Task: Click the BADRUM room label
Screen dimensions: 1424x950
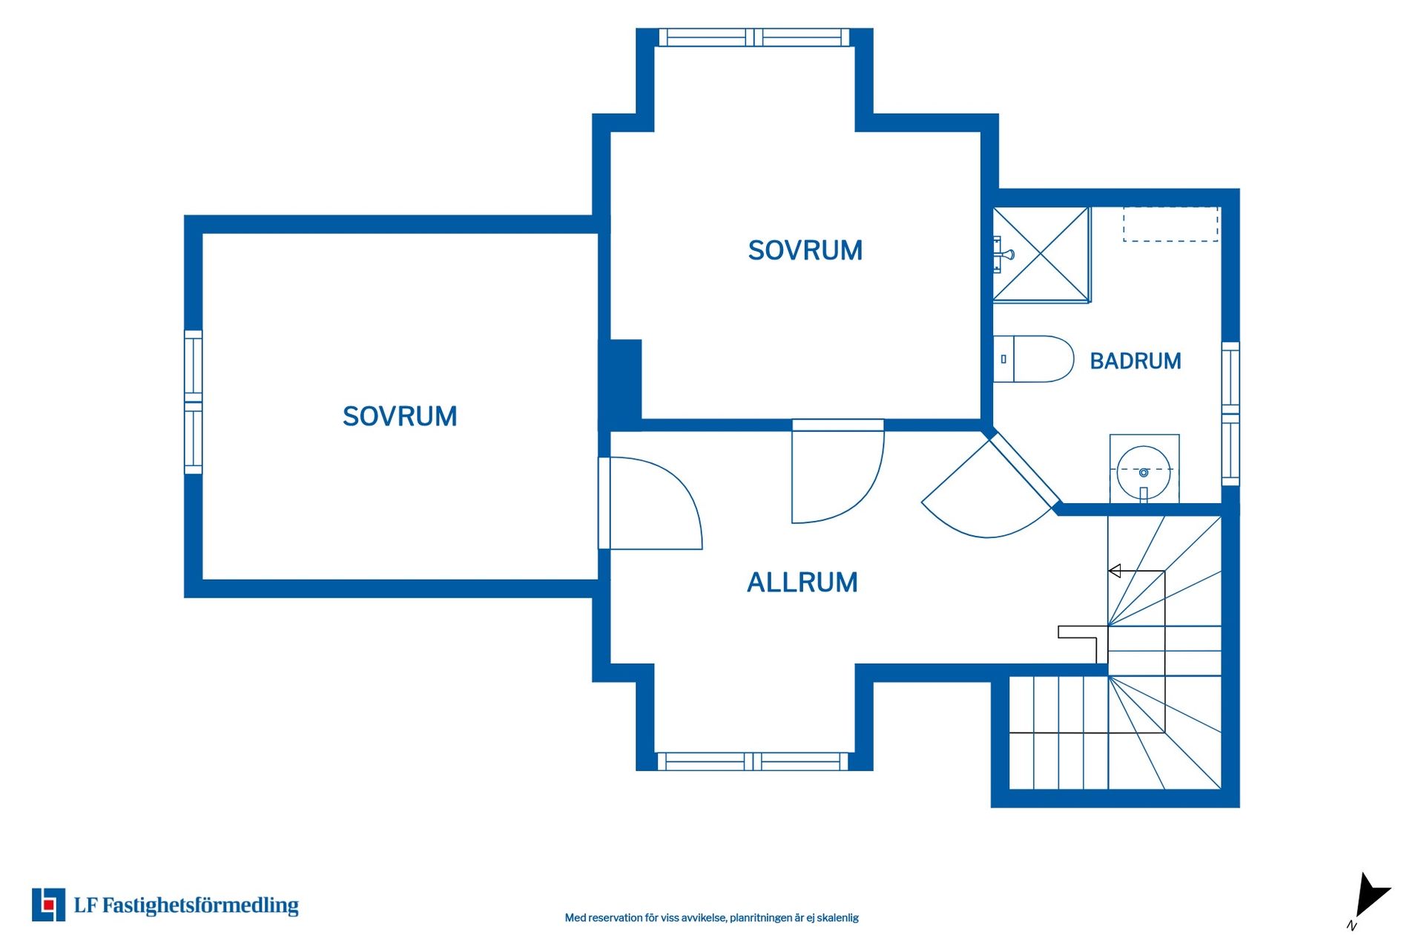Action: [x=1135, y=361]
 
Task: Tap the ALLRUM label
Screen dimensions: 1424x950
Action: [x=802, y=583]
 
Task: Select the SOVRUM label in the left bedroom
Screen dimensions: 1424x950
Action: [x=400, y=416]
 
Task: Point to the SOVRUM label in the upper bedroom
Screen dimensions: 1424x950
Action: [x=805, y=251]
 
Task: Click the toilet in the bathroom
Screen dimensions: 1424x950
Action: [x=1033, y=359]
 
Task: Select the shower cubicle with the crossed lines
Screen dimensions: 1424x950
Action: [x=1041, y=255]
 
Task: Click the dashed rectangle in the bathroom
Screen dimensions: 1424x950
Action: [x=1170, y=224]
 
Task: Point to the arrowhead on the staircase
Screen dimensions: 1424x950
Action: [x=1114, y=571]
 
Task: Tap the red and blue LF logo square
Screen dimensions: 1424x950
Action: [x=48, y=905]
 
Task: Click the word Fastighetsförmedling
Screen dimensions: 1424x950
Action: [x=200, y=905]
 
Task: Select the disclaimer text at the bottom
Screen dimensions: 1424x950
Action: [x=712, y=918]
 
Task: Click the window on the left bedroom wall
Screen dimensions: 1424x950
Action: [x=193, y=402]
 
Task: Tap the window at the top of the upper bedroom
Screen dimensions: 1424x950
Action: [x=754, y=37]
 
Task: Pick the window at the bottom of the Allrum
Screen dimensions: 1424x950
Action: [x=753, y=761]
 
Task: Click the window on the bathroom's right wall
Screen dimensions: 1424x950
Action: [x=1230, y=414]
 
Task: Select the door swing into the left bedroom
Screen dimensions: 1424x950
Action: [x=650, y=503]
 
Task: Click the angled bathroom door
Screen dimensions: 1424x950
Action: [x=992, y=485]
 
